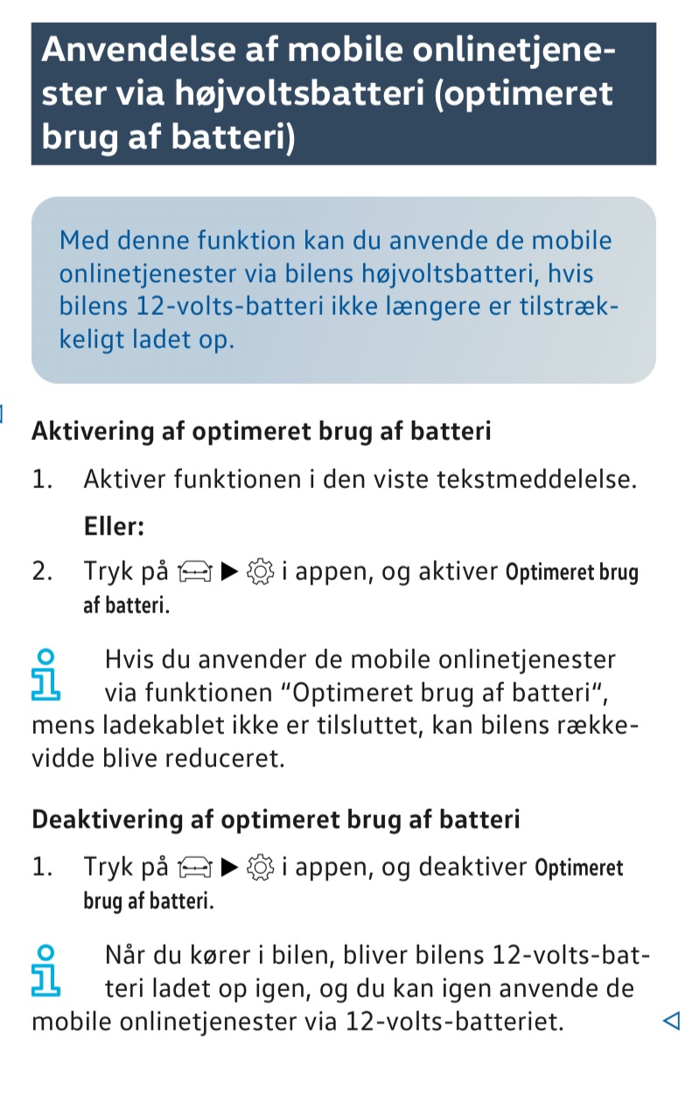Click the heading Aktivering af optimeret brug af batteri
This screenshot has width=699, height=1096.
[261, 431]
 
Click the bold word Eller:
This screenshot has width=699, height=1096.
[114, 527]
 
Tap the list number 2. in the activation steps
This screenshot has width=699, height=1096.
[44, 572]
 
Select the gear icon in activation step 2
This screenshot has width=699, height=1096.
[262, 573]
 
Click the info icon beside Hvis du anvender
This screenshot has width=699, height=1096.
[46, 674]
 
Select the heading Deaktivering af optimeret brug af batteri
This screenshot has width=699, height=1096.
[276, 820]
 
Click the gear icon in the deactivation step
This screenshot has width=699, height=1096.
[262, 868]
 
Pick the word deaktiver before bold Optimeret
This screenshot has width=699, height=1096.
[472, 868]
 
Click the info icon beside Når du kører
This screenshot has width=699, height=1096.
[46, 970]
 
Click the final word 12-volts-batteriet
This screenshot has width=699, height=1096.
[454, 1020]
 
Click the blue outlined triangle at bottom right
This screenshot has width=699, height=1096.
[671, 1020]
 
